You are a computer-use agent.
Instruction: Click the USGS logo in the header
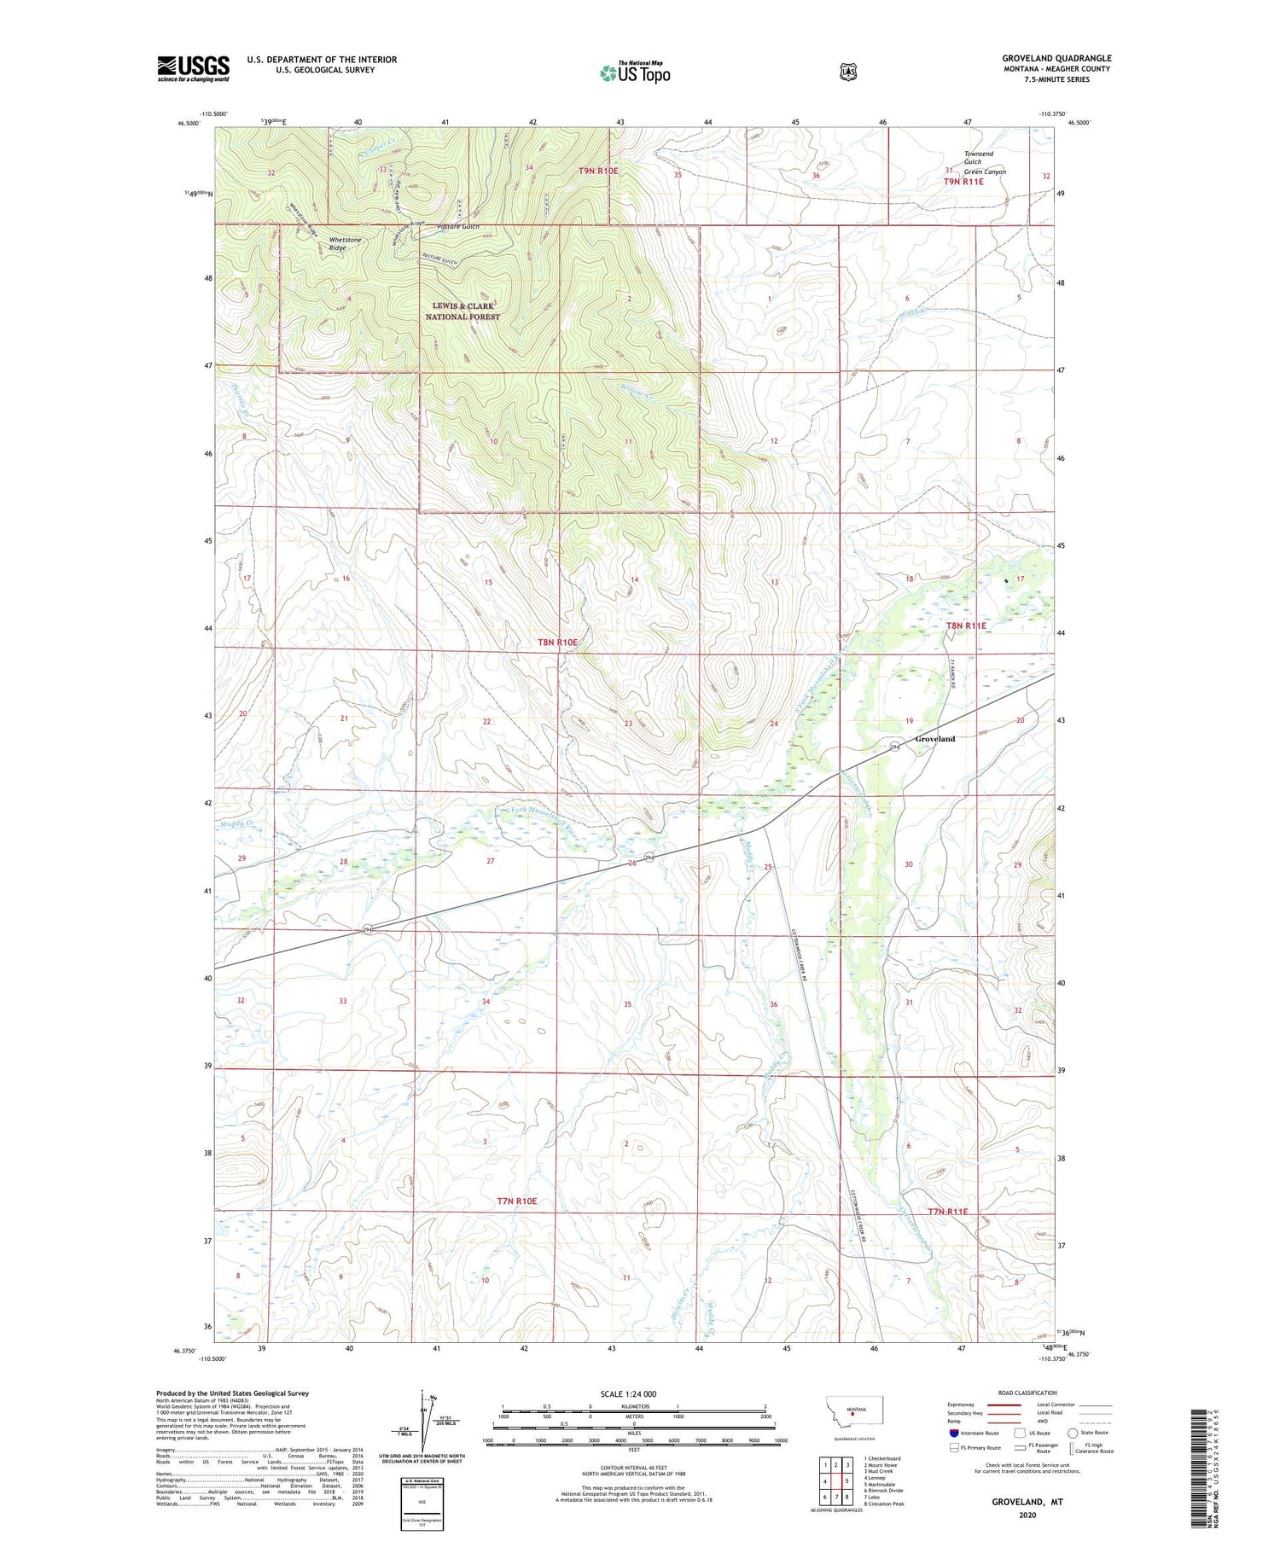pyautogui.click(x=194, y=67)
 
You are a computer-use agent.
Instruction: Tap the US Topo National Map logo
pyautogui.click(x=634, y=73)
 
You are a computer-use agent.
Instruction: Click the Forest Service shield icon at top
pyautogui.click(x=847, y=73)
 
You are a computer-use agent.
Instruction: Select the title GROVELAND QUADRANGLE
pyautogui.click(x=1056, y=58)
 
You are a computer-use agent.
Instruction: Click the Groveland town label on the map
pyautogui.click(x=934, y=738)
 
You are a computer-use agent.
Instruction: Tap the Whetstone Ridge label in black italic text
pyautogui.click(x=346, y=244)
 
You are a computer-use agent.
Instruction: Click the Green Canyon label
pyautogui.click(x=985, y=172)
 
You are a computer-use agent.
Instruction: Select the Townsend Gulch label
pyautogui.click(x=978, y=158)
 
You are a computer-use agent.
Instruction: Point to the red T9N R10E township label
pyautogui.click(x=598, y=171)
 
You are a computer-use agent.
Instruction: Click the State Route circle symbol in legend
pyautogui.click(x=1073, y=1433)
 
